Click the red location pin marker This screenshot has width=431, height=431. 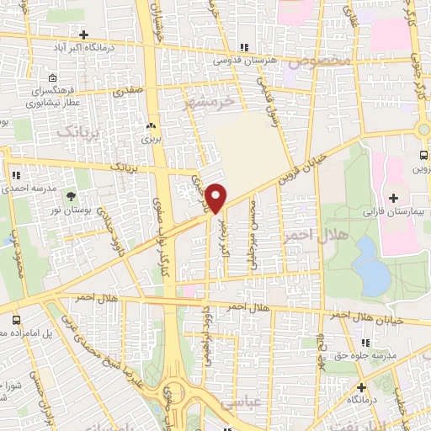click(x=216, y=197)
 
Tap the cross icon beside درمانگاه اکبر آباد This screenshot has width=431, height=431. click(x=84, y=35)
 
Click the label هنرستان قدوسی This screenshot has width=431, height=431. click(x=244, y=61)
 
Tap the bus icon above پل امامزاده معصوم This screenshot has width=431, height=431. click(x=16, y=321)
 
